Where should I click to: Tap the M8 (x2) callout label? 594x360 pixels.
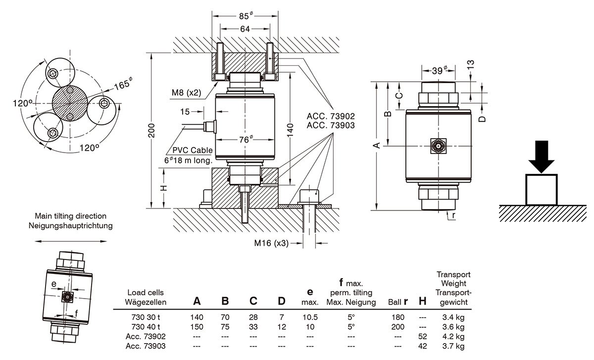(186, 93)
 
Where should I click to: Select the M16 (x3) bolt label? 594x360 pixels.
(271, 243)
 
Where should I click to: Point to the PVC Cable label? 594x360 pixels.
(193, 151)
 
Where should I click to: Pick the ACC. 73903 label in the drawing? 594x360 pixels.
(331, 125)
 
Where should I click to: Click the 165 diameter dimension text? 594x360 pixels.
(122, 84)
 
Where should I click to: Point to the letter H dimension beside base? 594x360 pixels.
(165, 188)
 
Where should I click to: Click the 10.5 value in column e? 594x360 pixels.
(310, 317)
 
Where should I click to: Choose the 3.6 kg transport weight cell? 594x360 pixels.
(453, 327)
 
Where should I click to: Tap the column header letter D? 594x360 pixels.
(282, 301)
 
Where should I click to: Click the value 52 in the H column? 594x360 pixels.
(422, 336)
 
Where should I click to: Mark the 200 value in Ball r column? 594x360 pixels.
(397, 327)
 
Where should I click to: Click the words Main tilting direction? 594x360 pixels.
(70, 216)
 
